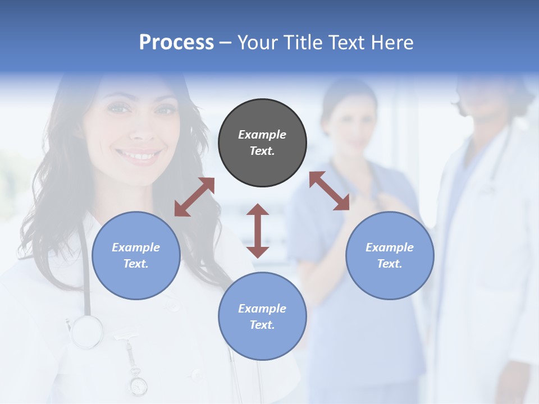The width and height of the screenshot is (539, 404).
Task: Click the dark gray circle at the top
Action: point(262,143)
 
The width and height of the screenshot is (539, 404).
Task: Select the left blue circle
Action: point(136,255)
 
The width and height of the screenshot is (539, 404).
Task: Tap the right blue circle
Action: point(390,255)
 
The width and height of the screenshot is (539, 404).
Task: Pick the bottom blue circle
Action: point(262,316)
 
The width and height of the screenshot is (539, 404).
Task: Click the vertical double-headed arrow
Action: point(258,231)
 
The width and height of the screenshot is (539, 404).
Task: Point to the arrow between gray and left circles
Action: point(194,197)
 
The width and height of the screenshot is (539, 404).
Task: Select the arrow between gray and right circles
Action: point(330,191)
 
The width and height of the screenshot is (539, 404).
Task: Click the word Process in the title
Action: point(176,42)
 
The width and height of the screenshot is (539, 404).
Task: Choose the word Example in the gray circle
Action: point(262,135)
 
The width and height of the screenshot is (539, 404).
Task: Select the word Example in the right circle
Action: point(390,247)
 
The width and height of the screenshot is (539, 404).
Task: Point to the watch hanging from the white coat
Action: point(138,385)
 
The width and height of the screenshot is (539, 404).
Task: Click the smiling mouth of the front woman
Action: point(138,154)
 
